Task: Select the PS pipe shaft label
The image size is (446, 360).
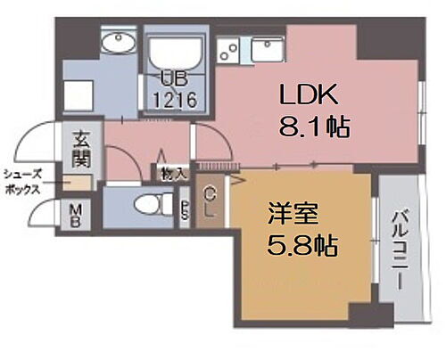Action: [185, 211]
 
